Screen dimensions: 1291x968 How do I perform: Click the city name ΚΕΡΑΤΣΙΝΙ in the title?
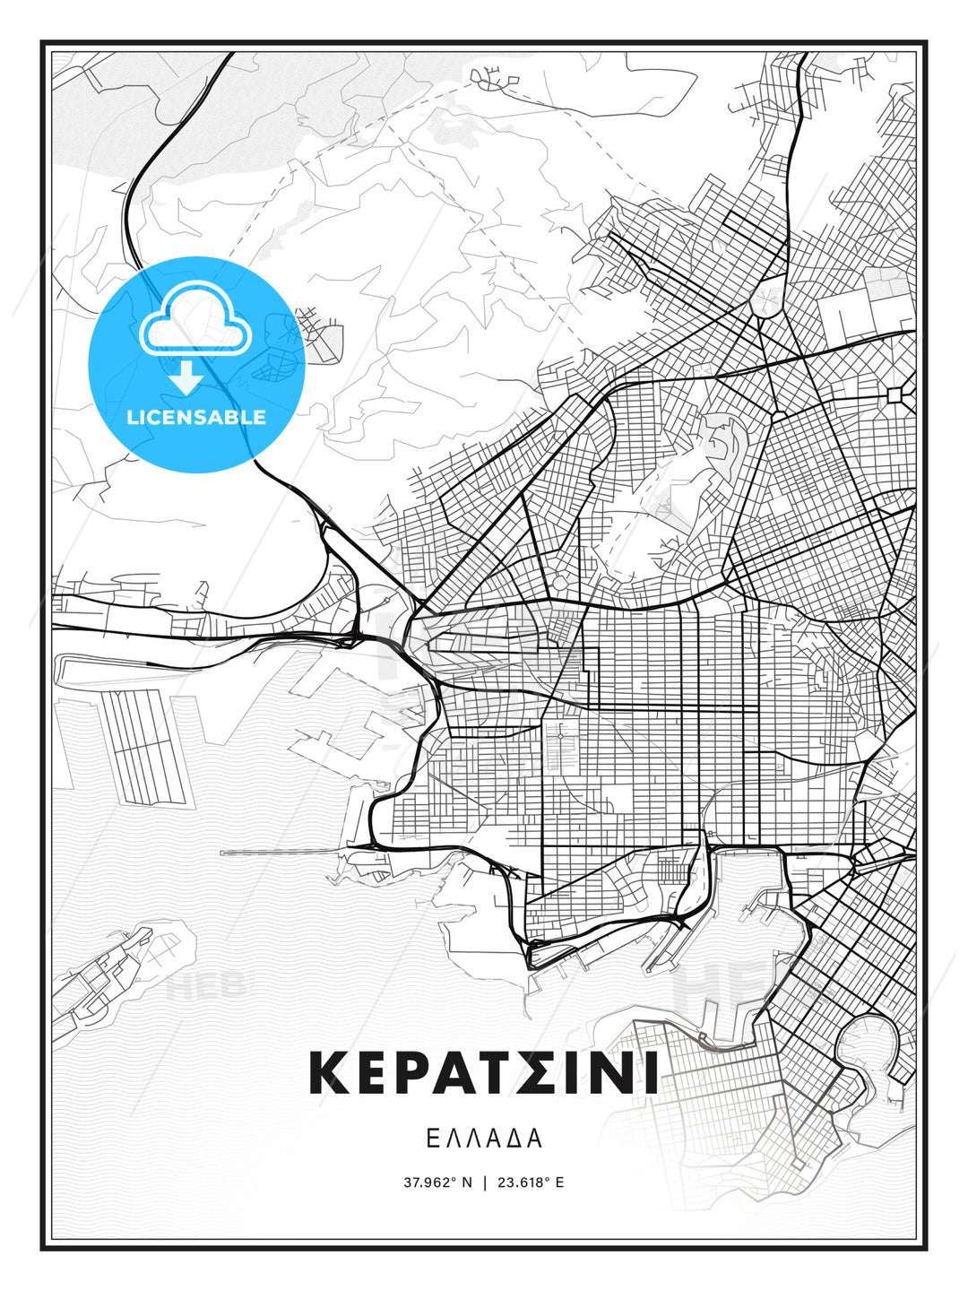484,1073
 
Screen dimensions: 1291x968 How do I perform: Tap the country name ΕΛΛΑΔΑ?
484,1139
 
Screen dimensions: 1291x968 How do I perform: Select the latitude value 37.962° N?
437,1183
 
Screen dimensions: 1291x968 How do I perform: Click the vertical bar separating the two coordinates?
485,1183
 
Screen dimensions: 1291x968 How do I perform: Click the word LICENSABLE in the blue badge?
196,417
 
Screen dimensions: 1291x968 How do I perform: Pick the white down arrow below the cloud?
186,377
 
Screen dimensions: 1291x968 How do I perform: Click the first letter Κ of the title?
328,1073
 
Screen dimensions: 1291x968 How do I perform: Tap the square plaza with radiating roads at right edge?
895,394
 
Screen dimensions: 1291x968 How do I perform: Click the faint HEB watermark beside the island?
206,986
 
